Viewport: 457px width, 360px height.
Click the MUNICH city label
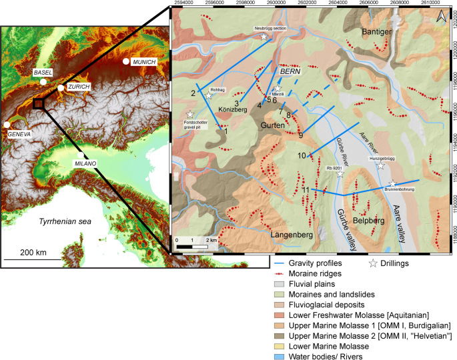[144, 62]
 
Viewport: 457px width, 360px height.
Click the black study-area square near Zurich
[39, 103]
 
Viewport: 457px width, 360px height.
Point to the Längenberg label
[292, 235]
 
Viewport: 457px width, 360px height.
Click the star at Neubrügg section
[264, 37]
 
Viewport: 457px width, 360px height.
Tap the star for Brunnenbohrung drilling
[393, 184]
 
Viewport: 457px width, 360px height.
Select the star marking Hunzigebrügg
[380, 165]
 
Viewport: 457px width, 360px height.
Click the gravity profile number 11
[306, 191]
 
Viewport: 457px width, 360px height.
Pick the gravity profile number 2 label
[193, 93]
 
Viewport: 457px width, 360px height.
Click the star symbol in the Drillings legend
[373, 263]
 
